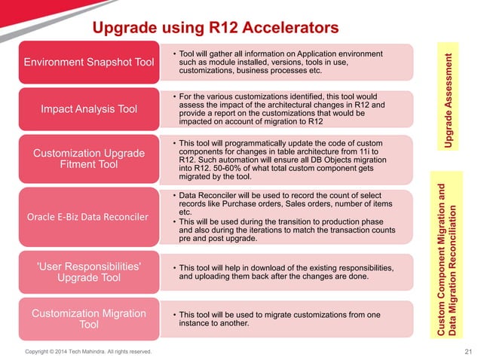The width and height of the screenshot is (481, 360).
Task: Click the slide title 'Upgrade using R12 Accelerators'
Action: (x=214, y=29)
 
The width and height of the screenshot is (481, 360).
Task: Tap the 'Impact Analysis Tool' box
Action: (x=89, y=109)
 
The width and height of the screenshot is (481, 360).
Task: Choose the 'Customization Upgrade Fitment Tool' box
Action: (x=89, y=159)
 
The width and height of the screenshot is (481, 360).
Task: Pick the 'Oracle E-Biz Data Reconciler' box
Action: (x=89, y=217)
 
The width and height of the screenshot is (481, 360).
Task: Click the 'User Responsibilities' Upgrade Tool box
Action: (x=89, y=273)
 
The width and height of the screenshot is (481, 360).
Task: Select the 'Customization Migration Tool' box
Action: (x=89, y=319)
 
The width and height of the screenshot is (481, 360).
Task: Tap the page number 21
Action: (x=467, y=352)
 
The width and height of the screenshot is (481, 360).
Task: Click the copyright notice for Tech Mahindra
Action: (x=88, y=352)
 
